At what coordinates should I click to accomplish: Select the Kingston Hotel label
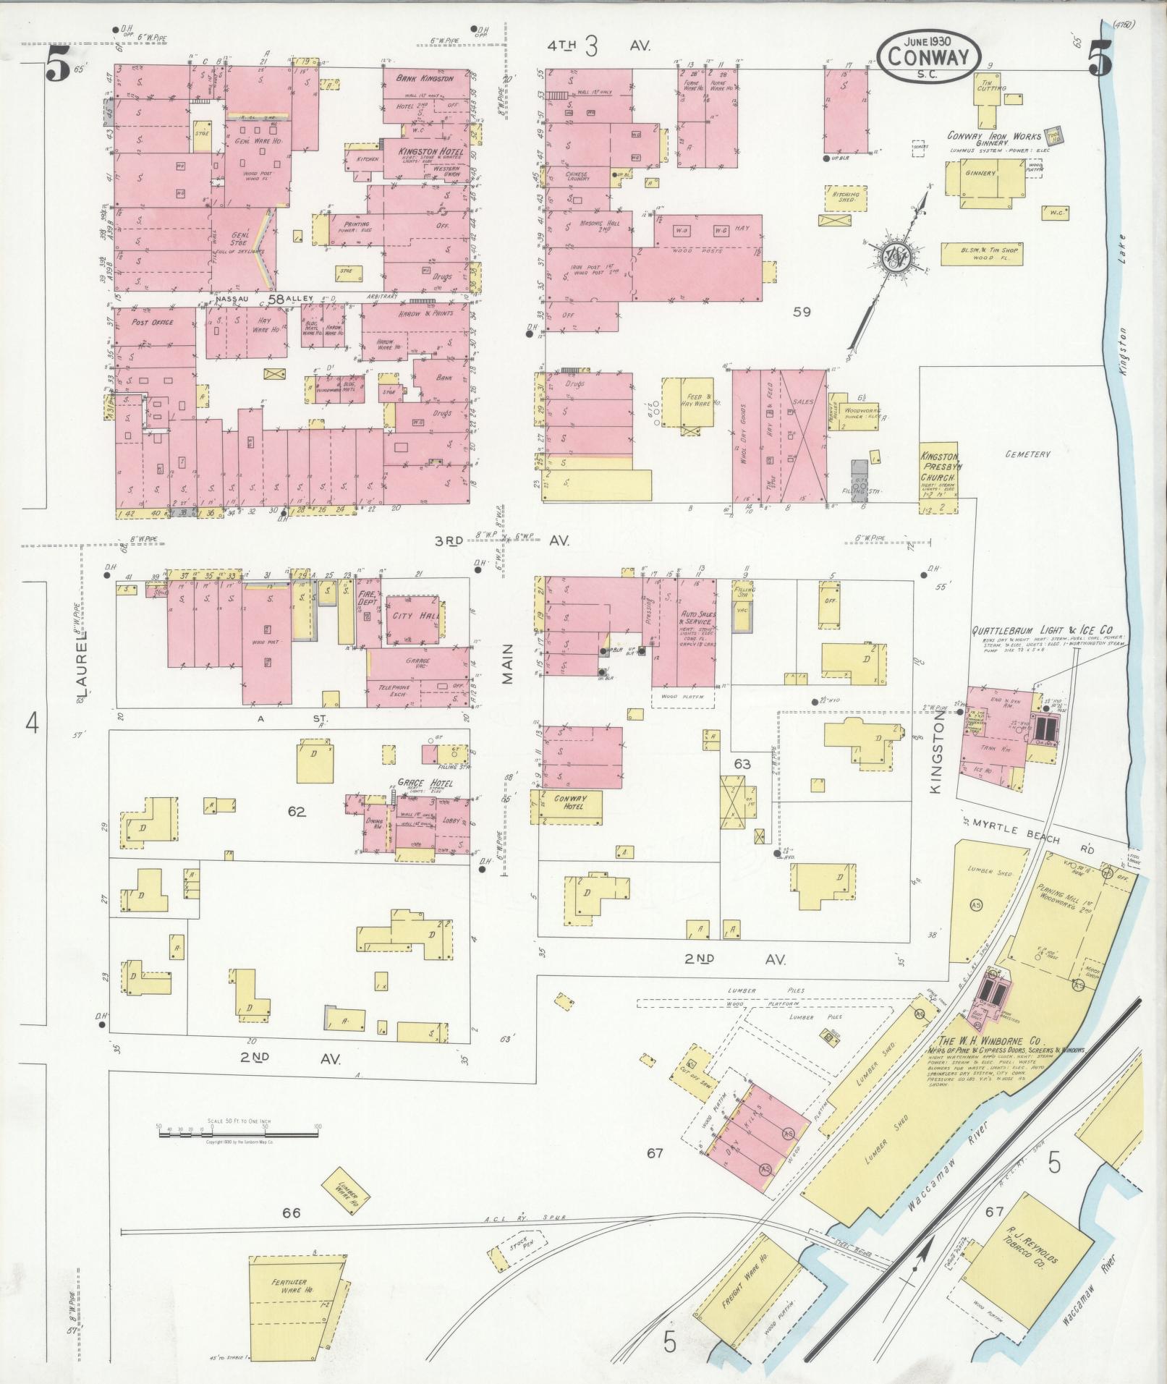click(425, 151)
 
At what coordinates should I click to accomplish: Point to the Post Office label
click(152, 322)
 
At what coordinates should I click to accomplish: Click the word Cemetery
click(1027, 454)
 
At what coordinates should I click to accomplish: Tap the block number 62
click(296, 812)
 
